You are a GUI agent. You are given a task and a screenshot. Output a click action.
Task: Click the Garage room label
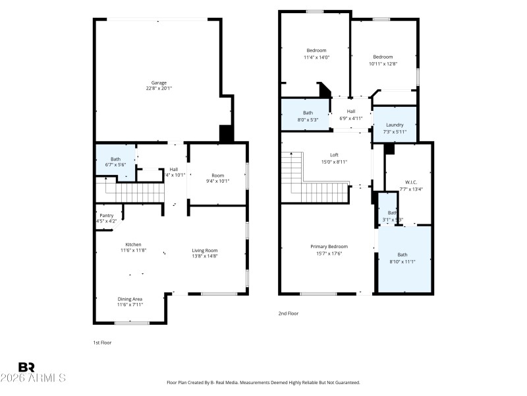(159, 82)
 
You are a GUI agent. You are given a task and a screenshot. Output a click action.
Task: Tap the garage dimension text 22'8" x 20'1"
(159, 88)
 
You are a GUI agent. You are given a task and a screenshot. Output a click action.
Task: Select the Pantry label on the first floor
(107, 215)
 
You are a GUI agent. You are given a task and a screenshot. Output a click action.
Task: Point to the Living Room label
(205, 250)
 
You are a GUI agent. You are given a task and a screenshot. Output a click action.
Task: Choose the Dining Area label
(130, 299)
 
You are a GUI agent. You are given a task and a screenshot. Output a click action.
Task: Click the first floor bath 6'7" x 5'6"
(115, 162)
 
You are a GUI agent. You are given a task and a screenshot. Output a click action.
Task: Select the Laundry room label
(395, 125)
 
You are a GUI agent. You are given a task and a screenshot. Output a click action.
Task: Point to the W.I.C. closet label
(410, 182)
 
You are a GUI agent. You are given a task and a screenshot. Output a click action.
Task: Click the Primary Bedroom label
(329, 247)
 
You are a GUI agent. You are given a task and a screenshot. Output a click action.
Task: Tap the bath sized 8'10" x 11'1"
(402, 258)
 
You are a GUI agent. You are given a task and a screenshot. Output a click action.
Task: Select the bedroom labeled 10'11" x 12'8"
(382, 60)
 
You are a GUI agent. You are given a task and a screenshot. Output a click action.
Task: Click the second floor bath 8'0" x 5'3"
(308, 116)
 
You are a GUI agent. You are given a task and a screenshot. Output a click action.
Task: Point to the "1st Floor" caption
(101, 343)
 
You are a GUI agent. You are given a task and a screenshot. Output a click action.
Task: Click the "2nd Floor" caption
(289, 313)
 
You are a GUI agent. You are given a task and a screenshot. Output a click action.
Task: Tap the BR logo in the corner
(26, 367)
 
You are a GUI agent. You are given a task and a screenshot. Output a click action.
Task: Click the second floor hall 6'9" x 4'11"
(351, 115)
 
